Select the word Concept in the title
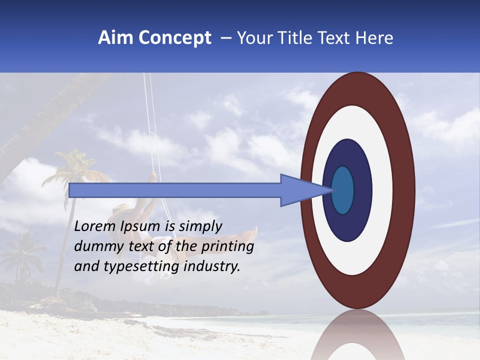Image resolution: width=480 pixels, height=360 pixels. (174, 38)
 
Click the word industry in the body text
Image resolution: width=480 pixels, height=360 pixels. (212, 266)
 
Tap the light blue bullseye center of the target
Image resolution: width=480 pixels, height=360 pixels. (343, 190)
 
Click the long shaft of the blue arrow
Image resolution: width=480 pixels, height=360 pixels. (175, 190)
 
